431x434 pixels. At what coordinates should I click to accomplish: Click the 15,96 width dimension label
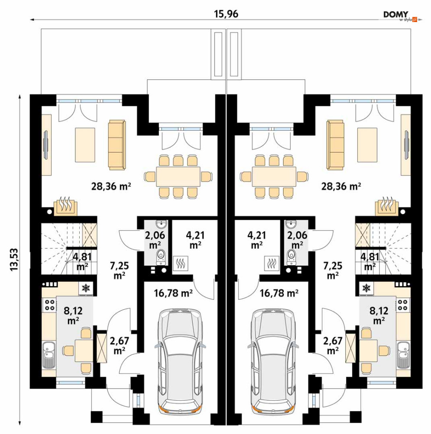pos(226,14)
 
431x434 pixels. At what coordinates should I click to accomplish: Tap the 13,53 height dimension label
pos(14,259)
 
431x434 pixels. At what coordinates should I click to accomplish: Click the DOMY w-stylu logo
pos(400,16)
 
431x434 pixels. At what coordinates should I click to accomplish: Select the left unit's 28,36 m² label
pos(111,186)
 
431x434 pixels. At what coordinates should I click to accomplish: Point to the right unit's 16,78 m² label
pos(279,293)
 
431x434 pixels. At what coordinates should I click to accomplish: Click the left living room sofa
pos(117,145)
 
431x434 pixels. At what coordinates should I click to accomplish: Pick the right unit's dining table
pos(274,177)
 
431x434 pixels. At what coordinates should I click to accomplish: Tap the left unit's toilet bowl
pos(161,256)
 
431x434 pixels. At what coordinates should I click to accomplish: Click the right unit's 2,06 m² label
pos(297,240)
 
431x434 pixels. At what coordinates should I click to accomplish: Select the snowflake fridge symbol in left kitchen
pos(86,288)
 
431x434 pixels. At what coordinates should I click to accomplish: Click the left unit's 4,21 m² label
pos(195,240)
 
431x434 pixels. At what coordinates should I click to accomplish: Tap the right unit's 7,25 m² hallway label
pos(333,270)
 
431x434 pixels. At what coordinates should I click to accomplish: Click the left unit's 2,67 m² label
pos(120,345)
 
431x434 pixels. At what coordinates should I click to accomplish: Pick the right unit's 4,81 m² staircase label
pos(370,261)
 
